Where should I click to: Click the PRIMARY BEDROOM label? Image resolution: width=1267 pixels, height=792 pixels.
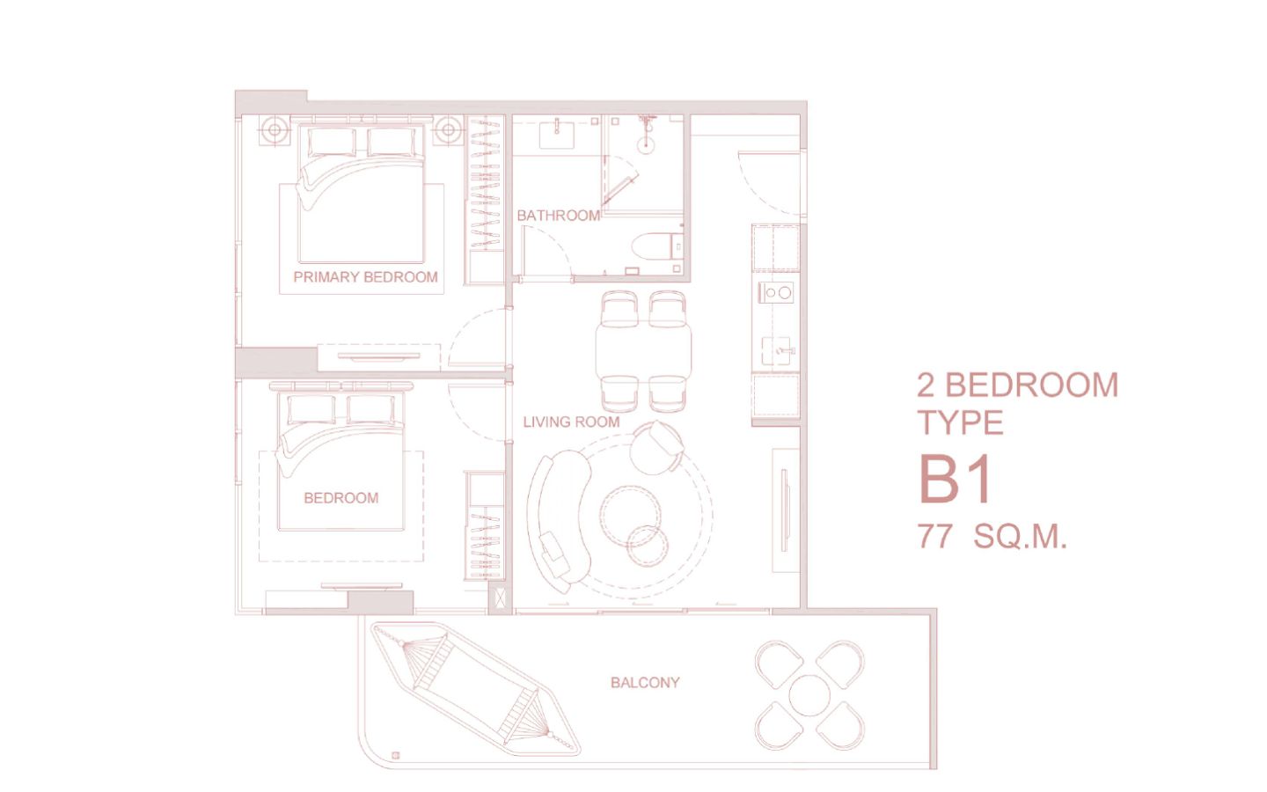pyautogui.click(x=365, y=277)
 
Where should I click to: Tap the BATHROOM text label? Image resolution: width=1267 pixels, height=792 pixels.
pyautogui.click(x=558, y=216)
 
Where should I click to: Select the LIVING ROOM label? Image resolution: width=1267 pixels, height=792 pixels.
pyautogui.click(x=571, y=422)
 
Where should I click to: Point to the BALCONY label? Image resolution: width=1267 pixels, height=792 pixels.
pyautogui.click(x=645, y=683)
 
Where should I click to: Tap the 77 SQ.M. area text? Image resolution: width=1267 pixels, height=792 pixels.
pyautogui.click(x=992, y=536)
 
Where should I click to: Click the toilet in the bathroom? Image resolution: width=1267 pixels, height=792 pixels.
pyautogui.click(x=658, y=247)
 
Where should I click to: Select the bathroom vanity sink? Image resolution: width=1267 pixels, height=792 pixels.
pyautogui.click(x=556, y=134)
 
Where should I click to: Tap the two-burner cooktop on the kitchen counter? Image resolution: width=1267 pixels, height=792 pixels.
pyautogui.click(x=776, y=292)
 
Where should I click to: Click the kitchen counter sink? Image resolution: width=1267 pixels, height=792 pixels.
pyautogui.click(x=780, y=351)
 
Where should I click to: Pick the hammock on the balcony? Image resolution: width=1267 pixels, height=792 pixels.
pyautogui.click(x=475, y=688)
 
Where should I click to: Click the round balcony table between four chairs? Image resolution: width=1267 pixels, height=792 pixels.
pyautogui.click(x=809, y=695)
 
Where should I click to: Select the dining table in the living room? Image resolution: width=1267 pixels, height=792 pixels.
pyautogui.click(x=643, y=351)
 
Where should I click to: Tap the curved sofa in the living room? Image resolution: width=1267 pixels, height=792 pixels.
pyautogui.click(x=559, y=520)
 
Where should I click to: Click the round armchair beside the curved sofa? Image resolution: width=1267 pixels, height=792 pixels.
pyautogui.click(x=656, y=448)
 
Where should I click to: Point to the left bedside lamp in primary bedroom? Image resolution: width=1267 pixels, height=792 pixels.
pyautogui.click(x=275, y=130)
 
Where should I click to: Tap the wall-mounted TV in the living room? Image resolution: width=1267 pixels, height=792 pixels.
pyautogui.click(x=784, y=510)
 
